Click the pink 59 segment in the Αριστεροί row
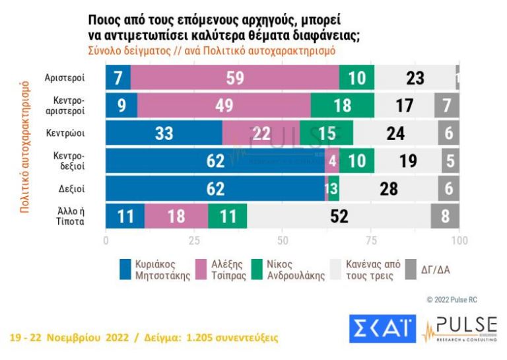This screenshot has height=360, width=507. (234, 78)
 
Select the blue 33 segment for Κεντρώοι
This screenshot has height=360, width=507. (164, 133)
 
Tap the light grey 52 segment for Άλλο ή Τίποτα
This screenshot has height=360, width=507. (339, 216)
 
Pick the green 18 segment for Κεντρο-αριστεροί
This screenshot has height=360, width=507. (342, 106)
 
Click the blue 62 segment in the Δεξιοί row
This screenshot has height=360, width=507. (215, 189)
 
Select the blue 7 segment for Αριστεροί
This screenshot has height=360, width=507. (118, 78)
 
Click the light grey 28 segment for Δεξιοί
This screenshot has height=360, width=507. (389, 189)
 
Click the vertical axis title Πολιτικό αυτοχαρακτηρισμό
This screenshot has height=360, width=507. (25, 147)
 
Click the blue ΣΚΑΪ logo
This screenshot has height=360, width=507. (382, 329)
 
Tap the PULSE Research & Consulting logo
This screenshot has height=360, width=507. (459, 329)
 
